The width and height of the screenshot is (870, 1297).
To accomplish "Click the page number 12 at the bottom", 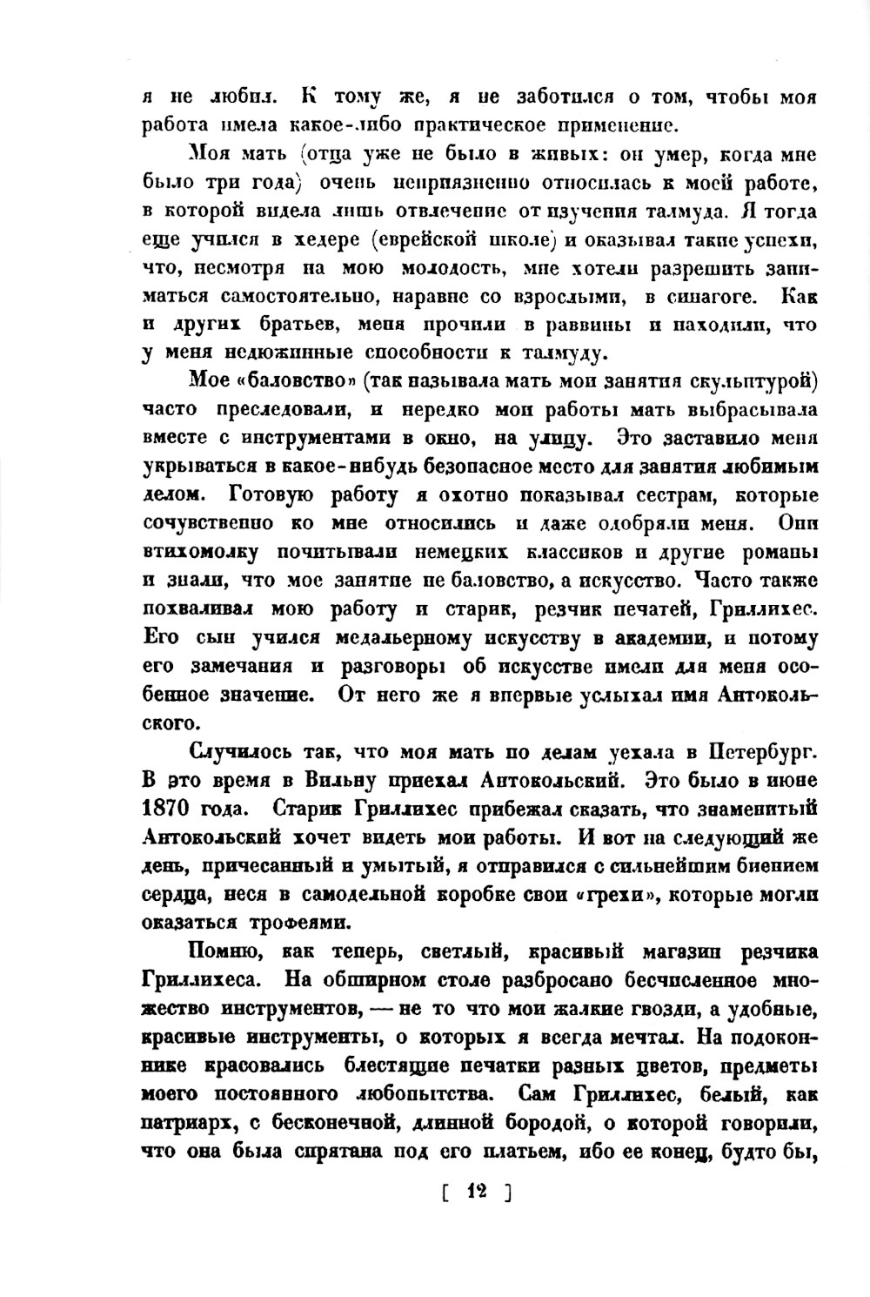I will tap(476, 1192).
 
